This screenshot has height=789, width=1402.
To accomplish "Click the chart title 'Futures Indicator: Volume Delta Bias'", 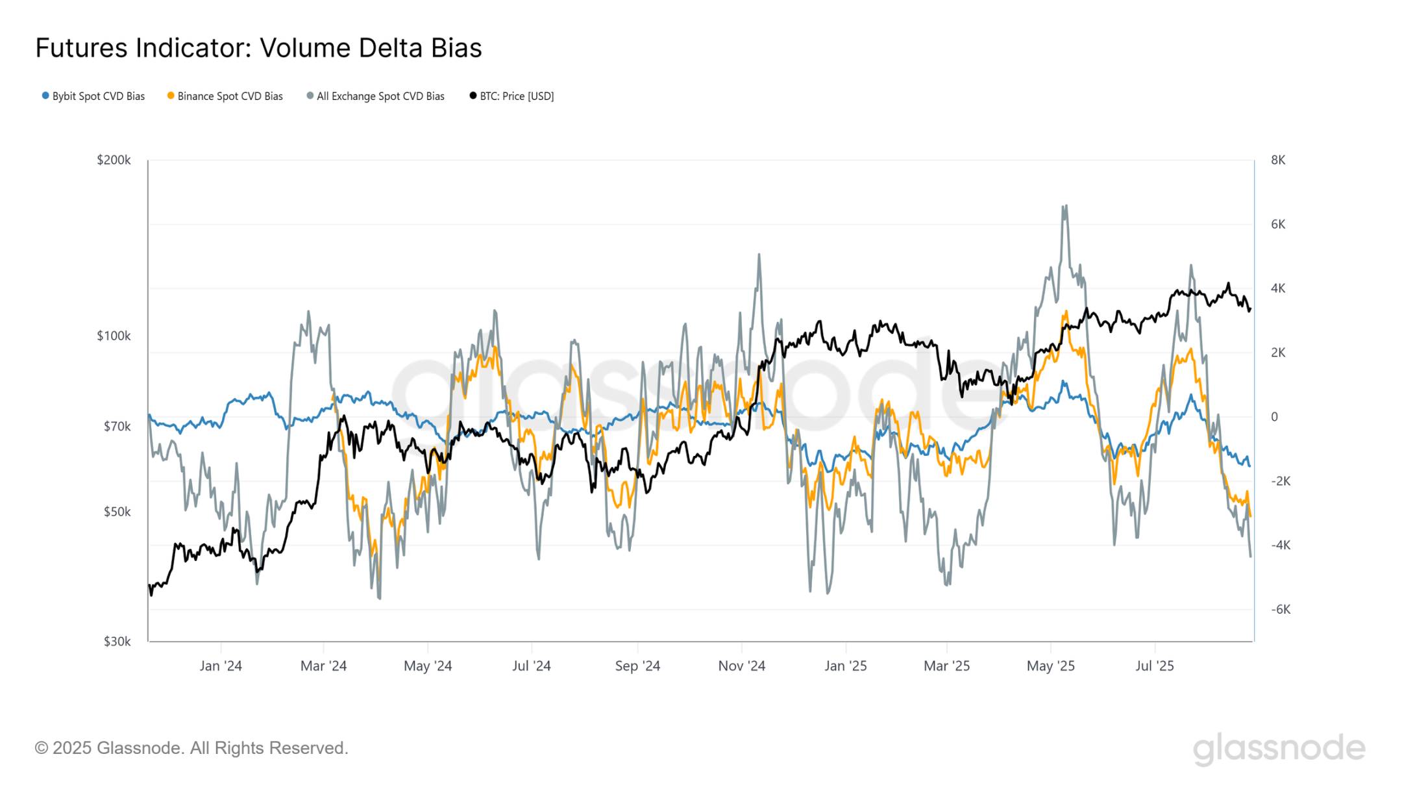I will [x=258, y=48].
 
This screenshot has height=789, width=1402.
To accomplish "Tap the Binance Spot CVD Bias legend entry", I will [x=225, y=96].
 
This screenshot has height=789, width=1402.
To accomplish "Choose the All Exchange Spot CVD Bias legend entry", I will [x=376, y=96].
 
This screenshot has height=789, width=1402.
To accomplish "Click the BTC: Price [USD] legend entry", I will [x=512, y=96].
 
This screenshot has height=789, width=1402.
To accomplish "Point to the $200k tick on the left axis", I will [x=114, y=160].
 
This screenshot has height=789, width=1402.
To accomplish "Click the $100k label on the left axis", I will [x=114, y=336].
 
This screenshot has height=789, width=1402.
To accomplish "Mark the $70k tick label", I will [x=117, y=427].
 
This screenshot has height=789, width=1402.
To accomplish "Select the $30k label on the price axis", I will [x=117, y=642].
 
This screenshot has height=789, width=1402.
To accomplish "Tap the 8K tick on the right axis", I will [x=1278, y=160].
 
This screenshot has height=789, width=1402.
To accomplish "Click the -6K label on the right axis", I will [x=1281, y=609].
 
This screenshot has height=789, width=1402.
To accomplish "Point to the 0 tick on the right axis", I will [x=1274, y=417].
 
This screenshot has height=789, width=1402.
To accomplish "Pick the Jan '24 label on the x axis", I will [x=221, y=666].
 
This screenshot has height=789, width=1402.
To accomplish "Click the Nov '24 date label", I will [x=741, y=666].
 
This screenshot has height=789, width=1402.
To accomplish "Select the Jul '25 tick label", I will [x=1154, y=666].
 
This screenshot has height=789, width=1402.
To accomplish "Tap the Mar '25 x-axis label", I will [x=946, y=666].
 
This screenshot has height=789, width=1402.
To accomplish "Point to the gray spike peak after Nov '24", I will [x=759, y=255].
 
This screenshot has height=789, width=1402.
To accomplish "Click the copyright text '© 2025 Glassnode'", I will [x=191, y=748].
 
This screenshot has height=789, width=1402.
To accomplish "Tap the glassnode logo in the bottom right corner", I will [x=1279, y=748].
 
